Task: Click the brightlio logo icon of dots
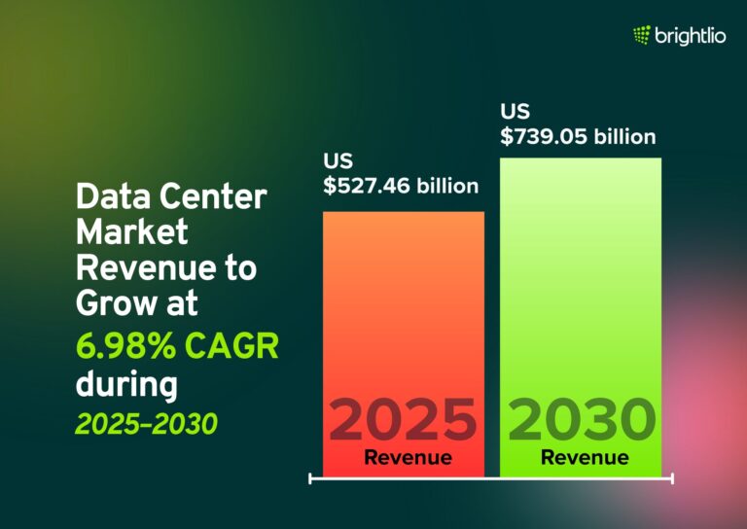tap(642, 36)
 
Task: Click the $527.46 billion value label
tap(402, 186)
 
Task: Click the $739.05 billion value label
tap(579, 136)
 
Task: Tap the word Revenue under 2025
tap(408, 457)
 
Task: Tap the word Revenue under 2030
tap(585, 457)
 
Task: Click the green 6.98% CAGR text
tap(177, 344)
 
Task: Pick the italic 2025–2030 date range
tap(146, 424)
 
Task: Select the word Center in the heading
tap(216, 197)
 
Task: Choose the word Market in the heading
tap(132, 233)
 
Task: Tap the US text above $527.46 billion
tap(338, 160)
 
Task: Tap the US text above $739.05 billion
tap(516, 111)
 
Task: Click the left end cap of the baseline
tap(310, 478)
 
